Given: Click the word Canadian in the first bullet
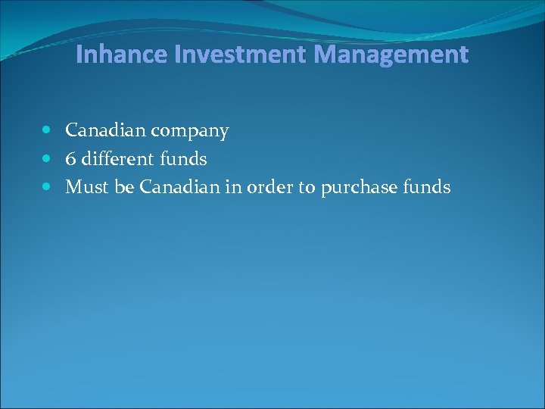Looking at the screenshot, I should tap(104, 131).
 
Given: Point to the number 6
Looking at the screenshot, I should tap(70, 159).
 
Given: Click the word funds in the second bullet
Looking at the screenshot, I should tap(184, 159).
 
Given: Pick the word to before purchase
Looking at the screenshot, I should tap(307, 187).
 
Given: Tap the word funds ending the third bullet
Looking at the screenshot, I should tap(428, 187).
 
